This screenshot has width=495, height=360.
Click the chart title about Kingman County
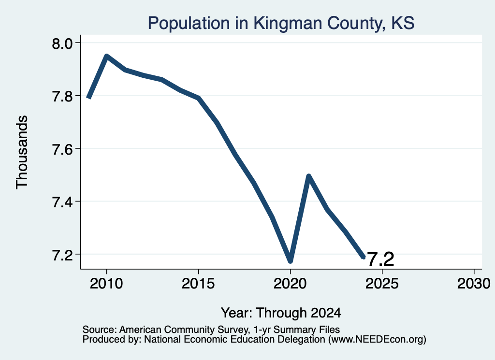281,23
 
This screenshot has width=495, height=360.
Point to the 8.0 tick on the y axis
62,43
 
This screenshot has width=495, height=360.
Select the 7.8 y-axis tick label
62,96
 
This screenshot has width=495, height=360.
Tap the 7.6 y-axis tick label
62,149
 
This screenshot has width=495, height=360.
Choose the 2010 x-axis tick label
106,283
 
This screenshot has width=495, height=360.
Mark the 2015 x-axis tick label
198,283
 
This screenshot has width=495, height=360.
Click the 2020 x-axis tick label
290,283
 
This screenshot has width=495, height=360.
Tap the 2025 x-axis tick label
382,283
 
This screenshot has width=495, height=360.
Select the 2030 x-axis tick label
474,283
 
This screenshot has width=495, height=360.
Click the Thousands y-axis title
22,152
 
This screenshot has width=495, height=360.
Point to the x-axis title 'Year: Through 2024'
281,313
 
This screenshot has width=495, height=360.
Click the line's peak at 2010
107,56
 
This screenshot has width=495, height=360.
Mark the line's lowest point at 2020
291,261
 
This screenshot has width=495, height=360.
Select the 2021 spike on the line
309,176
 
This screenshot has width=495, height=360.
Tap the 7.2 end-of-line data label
381,259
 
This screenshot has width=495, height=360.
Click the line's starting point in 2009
89,97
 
